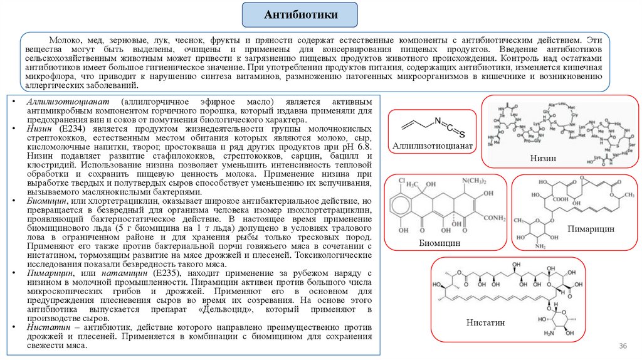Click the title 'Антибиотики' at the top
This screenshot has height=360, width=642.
(301, 14)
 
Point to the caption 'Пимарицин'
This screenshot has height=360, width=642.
(591, 229)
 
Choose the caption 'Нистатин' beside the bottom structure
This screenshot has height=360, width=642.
(486, 322)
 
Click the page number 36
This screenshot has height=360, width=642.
(623, 347)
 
